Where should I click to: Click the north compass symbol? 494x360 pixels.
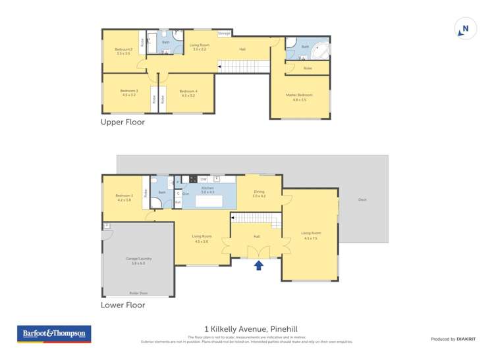pos(465,29)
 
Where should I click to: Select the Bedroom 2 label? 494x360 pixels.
pos(123,51)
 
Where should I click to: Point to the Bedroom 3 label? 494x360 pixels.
pos(128,93)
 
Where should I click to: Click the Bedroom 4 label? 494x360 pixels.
pos(188,93)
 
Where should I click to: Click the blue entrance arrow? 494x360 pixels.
pos(259,265)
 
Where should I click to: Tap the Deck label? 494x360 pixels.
pos(362,199)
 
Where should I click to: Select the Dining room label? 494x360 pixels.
pos(259,193)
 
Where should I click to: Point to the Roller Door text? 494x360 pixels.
pos(138,294)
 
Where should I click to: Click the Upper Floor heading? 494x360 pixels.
pos(123,122)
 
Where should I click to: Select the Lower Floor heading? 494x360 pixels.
pos(123,305)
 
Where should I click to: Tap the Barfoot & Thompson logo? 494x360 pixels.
pos(54,334)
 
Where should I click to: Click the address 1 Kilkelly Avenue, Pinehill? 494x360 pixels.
pos(246,329)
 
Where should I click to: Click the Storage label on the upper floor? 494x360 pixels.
pos(224,33)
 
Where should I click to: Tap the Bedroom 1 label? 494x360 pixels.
pos(124,197)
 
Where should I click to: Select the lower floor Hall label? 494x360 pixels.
pos(257,236)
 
